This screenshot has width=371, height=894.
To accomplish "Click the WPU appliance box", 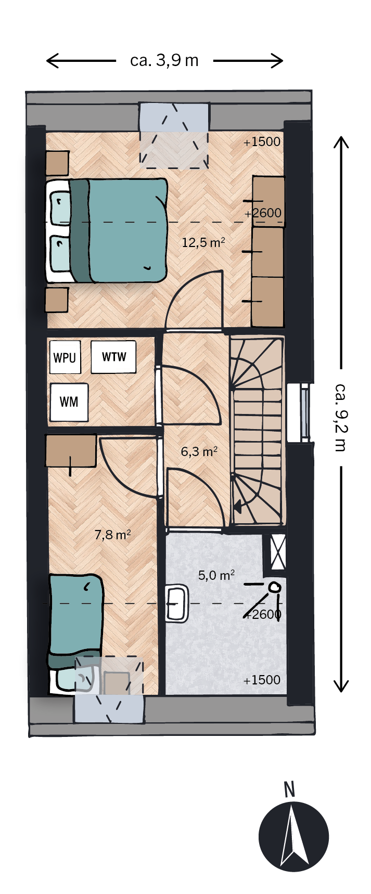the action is (x=65, y=357).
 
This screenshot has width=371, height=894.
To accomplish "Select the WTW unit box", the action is (x=113, y=357).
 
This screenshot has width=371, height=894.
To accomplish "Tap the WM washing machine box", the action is (x=69, y=402).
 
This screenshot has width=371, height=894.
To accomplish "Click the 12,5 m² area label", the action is (x=203, y=242).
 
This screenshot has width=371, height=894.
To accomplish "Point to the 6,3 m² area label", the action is (x=199, y=451).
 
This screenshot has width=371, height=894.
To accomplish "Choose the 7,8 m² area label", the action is (x=112, y=535).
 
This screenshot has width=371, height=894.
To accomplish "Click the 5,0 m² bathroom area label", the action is (x=216, y=575).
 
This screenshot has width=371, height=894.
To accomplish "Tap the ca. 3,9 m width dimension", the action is (x=164, y=61).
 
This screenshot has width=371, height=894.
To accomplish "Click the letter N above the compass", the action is (x=290, y=790).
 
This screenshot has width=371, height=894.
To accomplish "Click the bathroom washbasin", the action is (x=177, y=603).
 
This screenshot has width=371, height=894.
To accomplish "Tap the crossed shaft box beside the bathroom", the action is (x=278, y=551).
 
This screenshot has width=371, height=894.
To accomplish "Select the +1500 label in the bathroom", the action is (x=262, y=680).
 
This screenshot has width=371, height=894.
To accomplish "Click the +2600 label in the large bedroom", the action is (x=263, y=213).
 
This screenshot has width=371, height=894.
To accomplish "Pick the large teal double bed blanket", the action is (x=127, y=230).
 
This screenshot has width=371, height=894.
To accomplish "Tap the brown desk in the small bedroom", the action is (x=71, y=450).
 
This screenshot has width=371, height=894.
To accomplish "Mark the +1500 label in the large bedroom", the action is (x=262, y=142).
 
